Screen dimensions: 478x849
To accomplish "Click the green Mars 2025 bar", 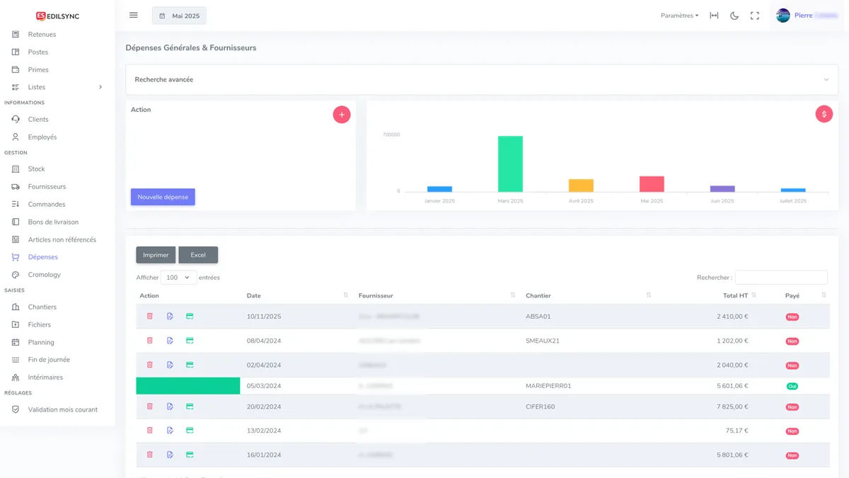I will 510,164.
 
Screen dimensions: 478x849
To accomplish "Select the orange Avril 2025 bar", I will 581,186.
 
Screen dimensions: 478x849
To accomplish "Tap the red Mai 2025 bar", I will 652,184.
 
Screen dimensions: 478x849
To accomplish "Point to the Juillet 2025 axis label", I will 792,201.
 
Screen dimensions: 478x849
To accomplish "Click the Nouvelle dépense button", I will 163,197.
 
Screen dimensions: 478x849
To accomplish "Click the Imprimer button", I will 156,255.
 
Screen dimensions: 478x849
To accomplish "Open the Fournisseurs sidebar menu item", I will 47,187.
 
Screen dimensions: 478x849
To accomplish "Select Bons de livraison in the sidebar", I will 53,222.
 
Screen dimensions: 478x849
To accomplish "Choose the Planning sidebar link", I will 41,342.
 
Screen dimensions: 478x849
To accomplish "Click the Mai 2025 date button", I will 180,16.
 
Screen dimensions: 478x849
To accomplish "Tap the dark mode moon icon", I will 734,16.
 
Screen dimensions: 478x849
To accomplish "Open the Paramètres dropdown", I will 679,16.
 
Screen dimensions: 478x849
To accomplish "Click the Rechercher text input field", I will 781,278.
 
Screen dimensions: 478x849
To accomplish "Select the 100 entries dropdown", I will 178,278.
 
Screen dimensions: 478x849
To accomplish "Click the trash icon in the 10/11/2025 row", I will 150,317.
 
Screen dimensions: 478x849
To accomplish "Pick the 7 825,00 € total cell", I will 732,406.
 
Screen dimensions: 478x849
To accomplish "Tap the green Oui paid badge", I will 792,386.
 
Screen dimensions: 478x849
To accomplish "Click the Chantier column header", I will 538,295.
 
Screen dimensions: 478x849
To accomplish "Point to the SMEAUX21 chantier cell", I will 543,341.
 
